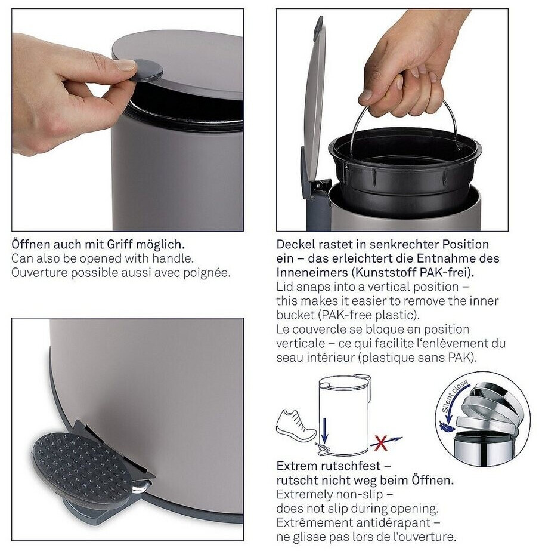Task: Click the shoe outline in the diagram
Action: [296, 425]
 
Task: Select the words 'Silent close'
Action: [454, 396]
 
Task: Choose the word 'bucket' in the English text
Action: [296, 315]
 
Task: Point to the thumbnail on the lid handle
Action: [126, 64]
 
